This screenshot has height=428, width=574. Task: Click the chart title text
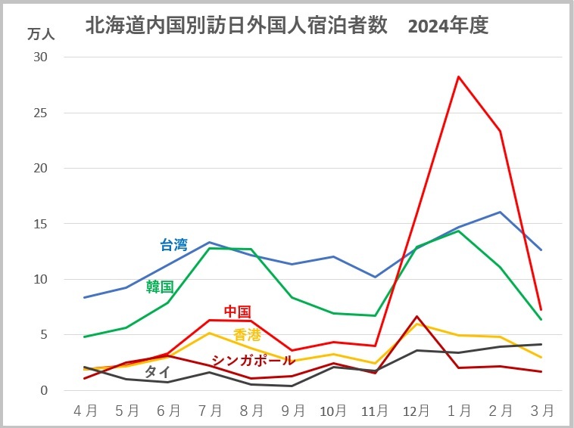(x=287, y=26)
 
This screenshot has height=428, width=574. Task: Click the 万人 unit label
(x=41, y=34)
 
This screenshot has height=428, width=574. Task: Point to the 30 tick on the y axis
(x=41, y=57)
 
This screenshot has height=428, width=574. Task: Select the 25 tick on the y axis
(x=41, y=113)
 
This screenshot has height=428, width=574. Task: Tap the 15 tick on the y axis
(x=41, y=224)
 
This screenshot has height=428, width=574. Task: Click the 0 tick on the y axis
(x=45, y=390)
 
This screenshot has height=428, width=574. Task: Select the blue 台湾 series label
(x=173, y=244)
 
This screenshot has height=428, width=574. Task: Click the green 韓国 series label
(x=160, y=287)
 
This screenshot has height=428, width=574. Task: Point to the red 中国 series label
(x=237, y=311)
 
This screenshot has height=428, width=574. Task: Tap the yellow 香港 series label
(x=247, y=335)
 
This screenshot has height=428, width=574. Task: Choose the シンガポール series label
(x=253, y=360)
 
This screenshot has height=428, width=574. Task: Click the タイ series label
(x=157, y=371)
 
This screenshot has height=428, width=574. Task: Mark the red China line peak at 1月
(x=458, y=76)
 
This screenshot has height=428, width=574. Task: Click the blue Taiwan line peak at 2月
(x=500, y=212)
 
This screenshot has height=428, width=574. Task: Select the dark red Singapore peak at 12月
(x=416, y=316)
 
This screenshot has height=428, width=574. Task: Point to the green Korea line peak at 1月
(x=458, y=231)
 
